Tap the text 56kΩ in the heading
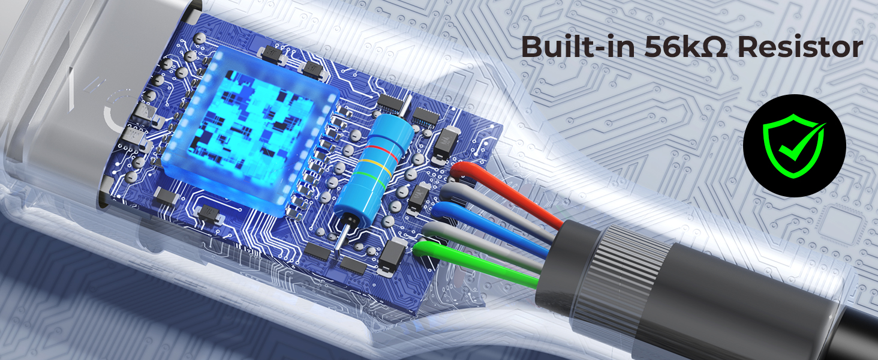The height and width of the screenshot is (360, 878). (686, 47)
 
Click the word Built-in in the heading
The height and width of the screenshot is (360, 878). (578, 47)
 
